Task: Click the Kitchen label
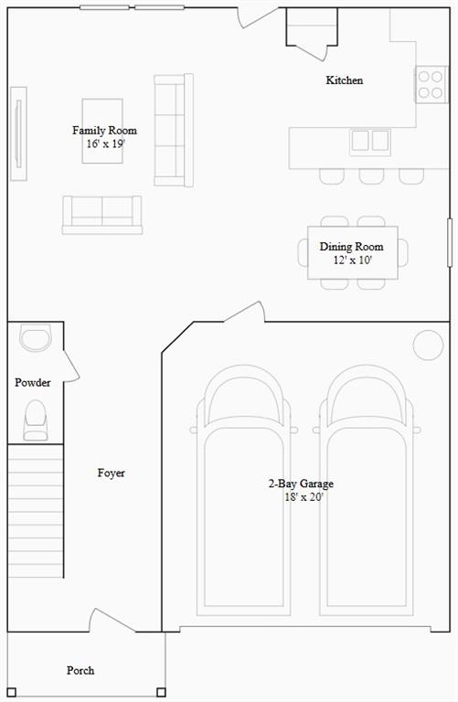pyautogui.click(x=345, y=80)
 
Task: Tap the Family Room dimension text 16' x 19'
pyautogui.click(x=106, y=144)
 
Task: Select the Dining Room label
pyautogui.click(x=351, y=246)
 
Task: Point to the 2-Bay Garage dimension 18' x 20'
pyautogui.click(x=304, y=497)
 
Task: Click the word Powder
pyautogui.click(x=33, y=382)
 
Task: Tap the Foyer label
pyautogui.click(x=111, y=473)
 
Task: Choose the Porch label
pyautogui.click(x=80, y=670)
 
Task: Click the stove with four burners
pyautogui.click(x=431, y=84)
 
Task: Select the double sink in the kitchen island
pyautogui.click(x=370, y=141)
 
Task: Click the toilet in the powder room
pyautogui.click(x=36, y=420)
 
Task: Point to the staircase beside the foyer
pyautogui.click(x=36, y=511)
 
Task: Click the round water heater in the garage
pyautogui.click(x=429, y=346)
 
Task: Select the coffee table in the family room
pyautogui.click(x=102, y=131)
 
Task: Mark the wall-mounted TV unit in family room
pyautogui.click(x=18, y=133)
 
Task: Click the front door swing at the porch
pyautogui.click(x=112, y=620)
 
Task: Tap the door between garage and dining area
pyautogui.click(x=244, y=312)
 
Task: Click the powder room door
pyautogui.click(x=71, y=366)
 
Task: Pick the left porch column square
pyautogui.click(x=12, y=692)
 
